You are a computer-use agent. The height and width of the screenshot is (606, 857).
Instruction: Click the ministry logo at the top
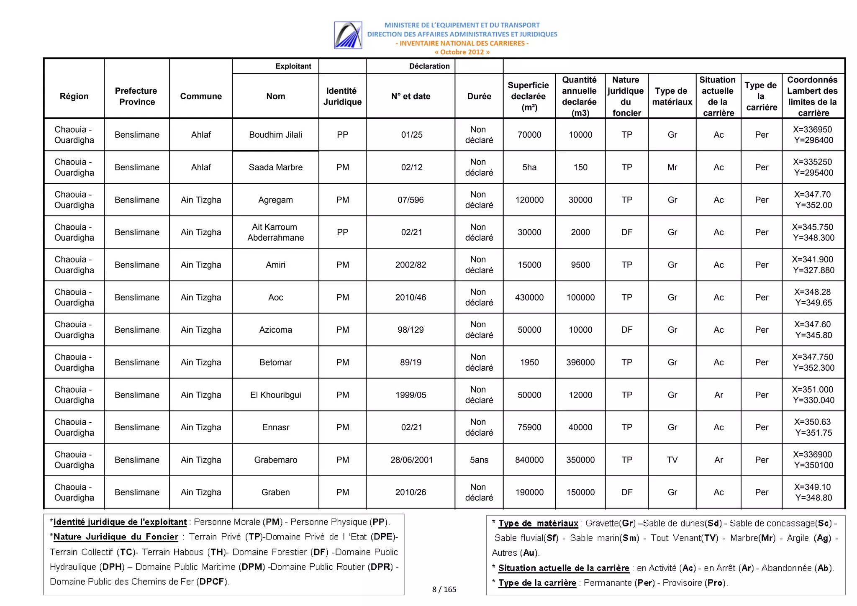pos(348,35)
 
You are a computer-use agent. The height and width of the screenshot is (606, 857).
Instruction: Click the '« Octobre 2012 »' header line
pos(462,52)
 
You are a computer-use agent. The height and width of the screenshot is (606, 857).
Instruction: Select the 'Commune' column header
pos(201,96)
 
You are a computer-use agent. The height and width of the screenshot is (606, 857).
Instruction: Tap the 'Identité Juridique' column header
pos(342,96)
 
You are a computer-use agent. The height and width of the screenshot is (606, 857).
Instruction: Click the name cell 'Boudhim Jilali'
pos(275,135)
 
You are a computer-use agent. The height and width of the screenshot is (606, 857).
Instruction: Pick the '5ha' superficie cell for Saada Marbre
pos(529,167)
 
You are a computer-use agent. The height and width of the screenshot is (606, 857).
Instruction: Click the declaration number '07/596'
pos(411,200)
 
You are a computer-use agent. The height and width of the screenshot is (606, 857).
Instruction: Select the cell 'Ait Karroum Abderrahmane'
pos(275,232)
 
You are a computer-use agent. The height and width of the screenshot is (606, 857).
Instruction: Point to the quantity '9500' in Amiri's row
pos(580,265)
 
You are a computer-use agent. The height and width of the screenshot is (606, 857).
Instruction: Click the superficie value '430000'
pos(529,298)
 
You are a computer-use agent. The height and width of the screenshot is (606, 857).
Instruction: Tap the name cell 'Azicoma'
pos(275,330)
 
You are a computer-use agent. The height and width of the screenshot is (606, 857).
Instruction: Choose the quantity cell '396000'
pos(580,362)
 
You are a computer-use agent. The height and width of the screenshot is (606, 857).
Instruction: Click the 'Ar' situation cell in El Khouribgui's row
pos(718,395)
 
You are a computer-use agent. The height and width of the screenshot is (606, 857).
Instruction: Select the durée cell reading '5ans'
pos(479,460)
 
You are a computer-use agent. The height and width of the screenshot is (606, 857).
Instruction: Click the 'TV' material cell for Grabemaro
pos(672,460)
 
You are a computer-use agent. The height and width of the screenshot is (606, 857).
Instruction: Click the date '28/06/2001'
pos(411,460)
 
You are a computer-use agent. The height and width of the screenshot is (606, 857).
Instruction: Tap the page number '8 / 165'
pos(444,589)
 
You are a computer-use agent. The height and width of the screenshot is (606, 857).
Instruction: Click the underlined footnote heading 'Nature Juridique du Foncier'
pos(116,537)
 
